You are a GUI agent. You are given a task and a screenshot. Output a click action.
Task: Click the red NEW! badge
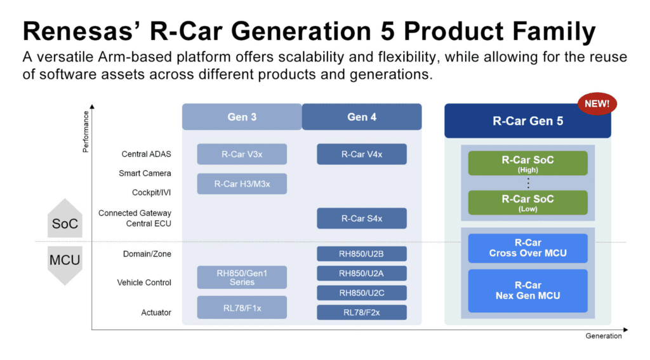coord(597,103)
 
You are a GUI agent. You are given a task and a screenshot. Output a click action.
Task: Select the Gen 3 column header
coord(242,117)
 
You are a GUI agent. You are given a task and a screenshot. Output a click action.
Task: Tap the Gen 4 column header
coord(361,117)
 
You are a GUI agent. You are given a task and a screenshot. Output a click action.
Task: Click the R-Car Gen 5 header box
coord(527,121)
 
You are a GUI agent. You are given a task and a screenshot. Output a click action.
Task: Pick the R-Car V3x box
coord(242,154)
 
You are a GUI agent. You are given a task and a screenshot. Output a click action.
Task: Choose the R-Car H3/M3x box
coord(242,183)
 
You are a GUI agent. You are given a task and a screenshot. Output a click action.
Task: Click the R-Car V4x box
coord(361,154)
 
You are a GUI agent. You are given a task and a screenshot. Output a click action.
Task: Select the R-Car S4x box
coord(361,218)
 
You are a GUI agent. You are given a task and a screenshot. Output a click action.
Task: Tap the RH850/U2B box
coord(361,254)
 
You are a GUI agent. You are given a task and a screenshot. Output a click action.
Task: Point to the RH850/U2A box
coord(361,273)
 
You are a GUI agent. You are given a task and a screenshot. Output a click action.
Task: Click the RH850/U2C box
coord(361,293)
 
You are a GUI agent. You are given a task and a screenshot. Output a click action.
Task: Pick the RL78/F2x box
coord(361,312)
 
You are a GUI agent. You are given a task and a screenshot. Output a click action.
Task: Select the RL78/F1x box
coord(242,307)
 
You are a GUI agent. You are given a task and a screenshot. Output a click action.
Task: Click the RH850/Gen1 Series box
coord(242,277)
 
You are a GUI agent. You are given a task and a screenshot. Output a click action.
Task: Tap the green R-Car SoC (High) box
coord(527,163)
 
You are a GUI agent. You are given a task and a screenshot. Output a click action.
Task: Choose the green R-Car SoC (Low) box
coord(527,203)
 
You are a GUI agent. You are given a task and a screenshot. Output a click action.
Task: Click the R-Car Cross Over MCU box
coord(527,248)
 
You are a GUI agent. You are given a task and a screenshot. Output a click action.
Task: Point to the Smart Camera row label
coord(145,173)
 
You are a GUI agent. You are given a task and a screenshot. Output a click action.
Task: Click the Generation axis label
coord(604,336)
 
